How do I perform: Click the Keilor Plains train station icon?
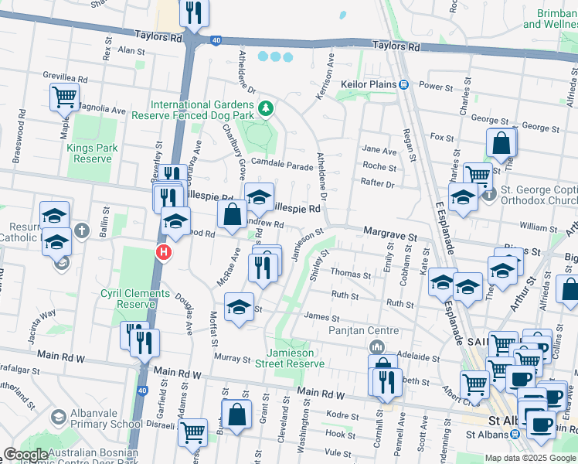403,84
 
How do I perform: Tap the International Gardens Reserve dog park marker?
266,107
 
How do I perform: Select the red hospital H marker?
163,252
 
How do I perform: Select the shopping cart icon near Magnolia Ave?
64,97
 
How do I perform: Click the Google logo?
25,455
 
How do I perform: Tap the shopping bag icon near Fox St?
501,142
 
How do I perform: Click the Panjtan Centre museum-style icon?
377,346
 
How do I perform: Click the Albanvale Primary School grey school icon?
58,418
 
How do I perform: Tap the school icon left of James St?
240,306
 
